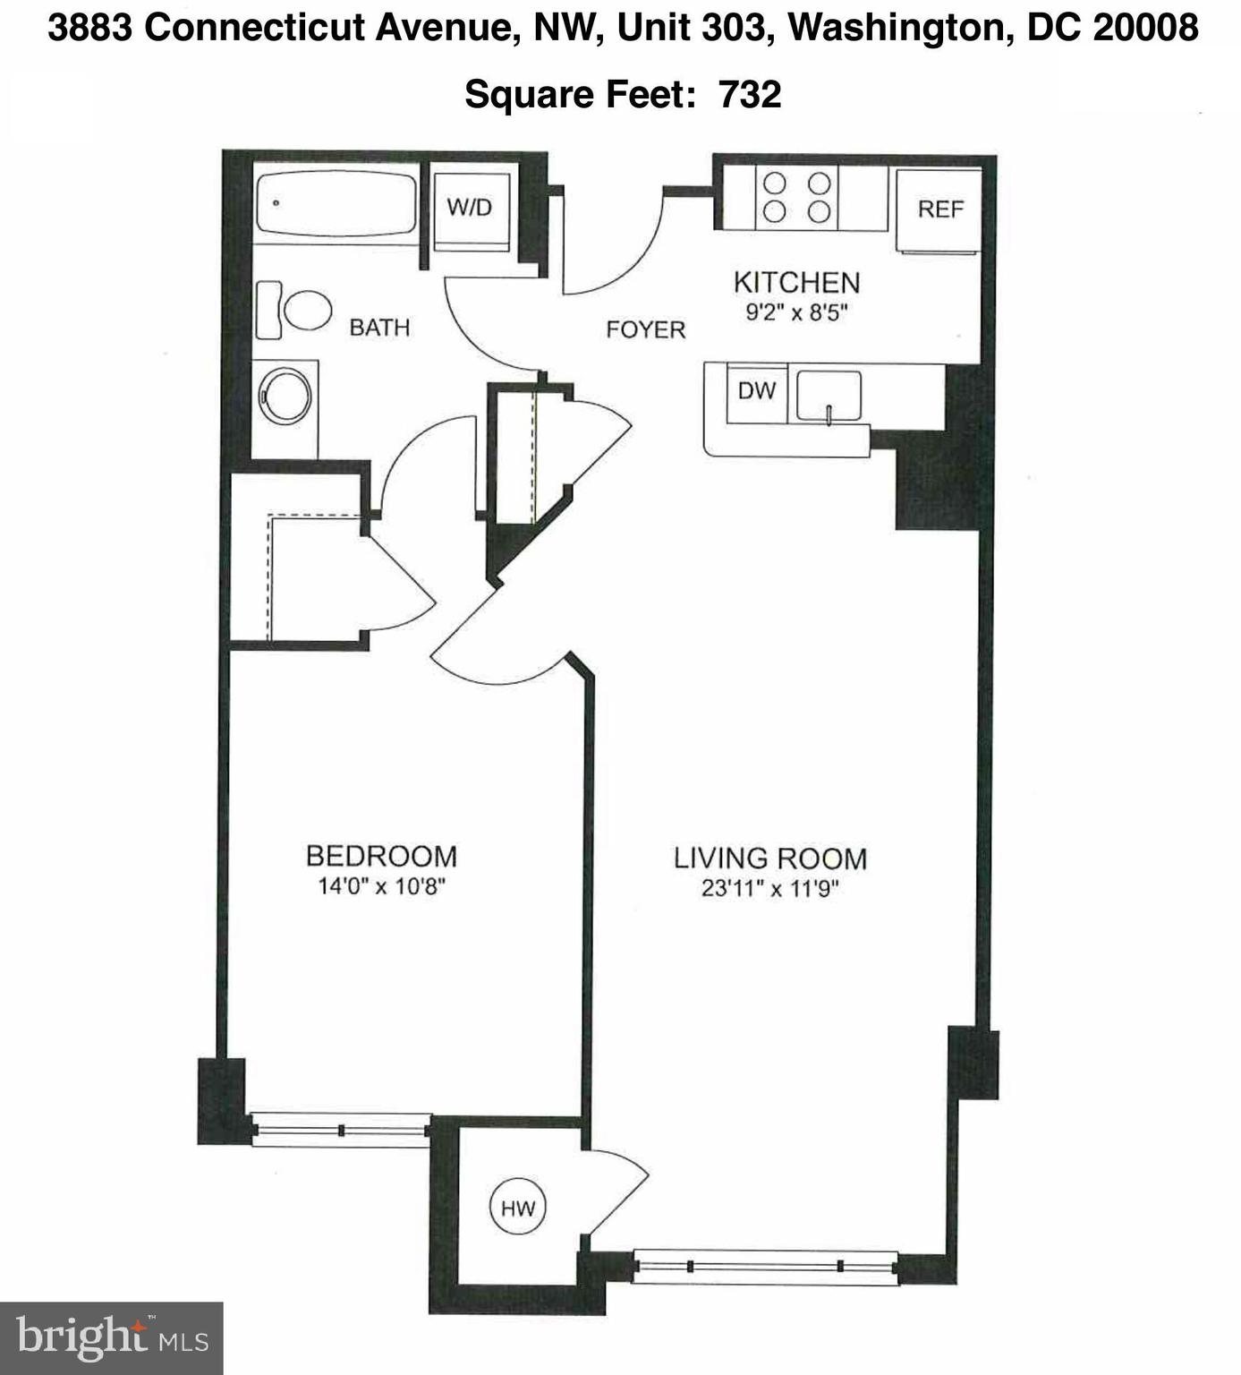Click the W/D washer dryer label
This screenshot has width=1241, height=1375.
pos(470,208)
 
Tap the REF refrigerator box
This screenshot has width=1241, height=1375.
pos(939,209)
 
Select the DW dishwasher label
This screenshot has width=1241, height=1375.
pos(756,391)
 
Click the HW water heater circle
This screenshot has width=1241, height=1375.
pos(517,1208)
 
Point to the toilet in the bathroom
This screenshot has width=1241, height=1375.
pos(295,311)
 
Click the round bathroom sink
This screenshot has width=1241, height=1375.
pos(285,395)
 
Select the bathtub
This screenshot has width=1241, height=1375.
pos(336,204)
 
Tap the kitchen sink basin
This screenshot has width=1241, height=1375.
pos(829,395)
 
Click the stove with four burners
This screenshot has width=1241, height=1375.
pos(796,198)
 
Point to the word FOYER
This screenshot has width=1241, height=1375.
pos(645,330)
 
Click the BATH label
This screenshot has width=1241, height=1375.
pos(379,328)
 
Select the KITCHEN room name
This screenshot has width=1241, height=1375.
pos(796,283)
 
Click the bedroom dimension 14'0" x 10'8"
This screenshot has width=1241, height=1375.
pos(381,887)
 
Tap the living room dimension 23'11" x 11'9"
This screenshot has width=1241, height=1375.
pos(769,889)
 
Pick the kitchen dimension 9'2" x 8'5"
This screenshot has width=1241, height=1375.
pos(796,313)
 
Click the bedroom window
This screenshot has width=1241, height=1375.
pos(340,1130)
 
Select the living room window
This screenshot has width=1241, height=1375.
pos(765,1266)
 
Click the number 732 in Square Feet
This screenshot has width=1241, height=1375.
pos(750,94)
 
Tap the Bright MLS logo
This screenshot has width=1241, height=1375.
pos(111,1338)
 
